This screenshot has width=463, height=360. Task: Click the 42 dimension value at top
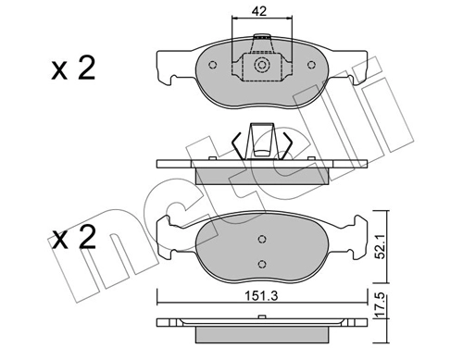coord(258,11)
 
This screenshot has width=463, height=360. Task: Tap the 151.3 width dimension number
coord(261,296)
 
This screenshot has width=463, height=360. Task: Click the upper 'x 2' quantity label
coord(73,68)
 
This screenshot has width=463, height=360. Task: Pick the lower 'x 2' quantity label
coord(73,237)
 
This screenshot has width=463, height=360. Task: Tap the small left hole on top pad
coord(213,65)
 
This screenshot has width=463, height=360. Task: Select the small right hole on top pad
coord(311,65)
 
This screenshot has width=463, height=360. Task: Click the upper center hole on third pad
coord(262,239)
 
